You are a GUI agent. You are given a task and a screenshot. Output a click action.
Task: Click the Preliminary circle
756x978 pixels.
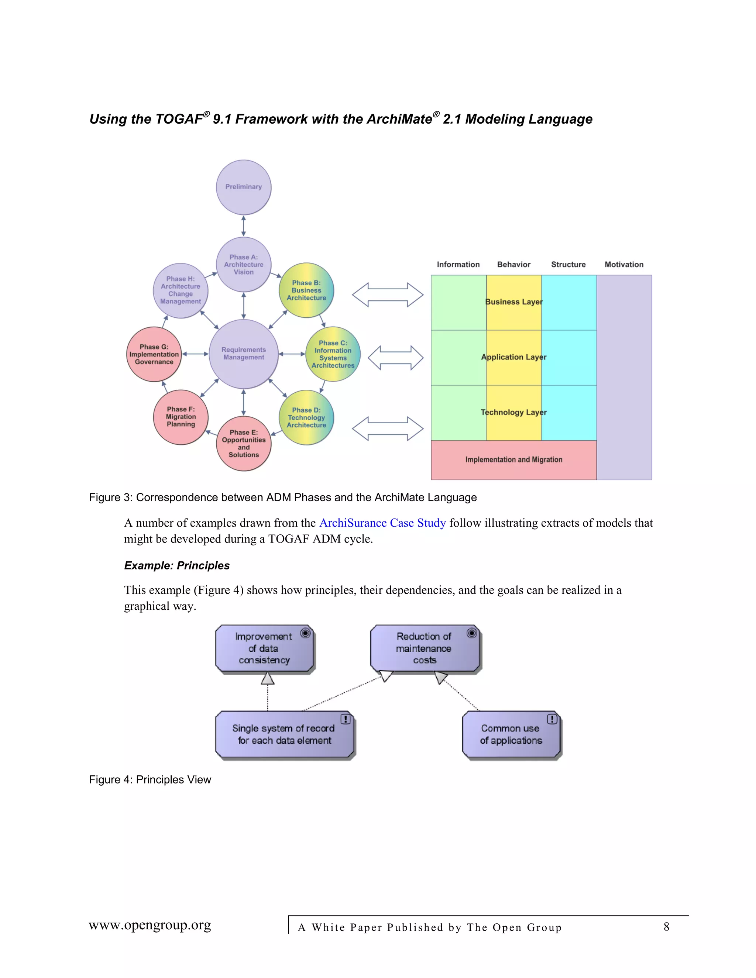243,187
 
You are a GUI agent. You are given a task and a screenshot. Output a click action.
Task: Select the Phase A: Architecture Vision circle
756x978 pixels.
243,264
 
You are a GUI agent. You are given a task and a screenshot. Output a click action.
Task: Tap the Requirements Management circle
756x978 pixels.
243,354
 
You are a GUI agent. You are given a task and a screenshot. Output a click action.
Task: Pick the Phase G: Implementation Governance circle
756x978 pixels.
154,354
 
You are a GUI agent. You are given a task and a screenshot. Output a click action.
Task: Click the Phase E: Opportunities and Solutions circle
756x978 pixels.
243,443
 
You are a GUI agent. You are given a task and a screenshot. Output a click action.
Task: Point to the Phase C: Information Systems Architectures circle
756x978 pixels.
333,354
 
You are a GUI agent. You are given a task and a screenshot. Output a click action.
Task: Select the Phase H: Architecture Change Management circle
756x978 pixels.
181,290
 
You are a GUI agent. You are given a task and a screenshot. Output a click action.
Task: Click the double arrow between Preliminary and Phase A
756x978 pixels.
243,226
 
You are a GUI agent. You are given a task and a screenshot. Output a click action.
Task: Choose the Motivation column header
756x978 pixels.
624,265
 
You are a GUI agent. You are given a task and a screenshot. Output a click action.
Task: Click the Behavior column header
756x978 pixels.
514,265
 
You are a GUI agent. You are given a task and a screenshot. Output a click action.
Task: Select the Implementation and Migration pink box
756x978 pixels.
514,460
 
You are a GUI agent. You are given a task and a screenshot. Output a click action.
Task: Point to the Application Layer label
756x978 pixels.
514,357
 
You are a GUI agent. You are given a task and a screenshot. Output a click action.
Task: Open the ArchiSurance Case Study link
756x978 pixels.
382,523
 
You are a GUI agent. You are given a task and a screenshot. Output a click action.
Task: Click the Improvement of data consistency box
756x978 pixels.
264,648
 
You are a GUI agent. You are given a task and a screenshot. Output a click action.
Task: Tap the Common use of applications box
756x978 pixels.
511,734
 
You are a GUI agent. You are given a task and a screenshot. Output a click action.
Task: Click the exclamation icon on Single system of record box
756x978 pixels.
345,719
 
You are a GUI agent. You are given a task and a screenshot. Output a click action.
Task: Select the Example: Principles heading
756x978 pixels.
176,565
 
